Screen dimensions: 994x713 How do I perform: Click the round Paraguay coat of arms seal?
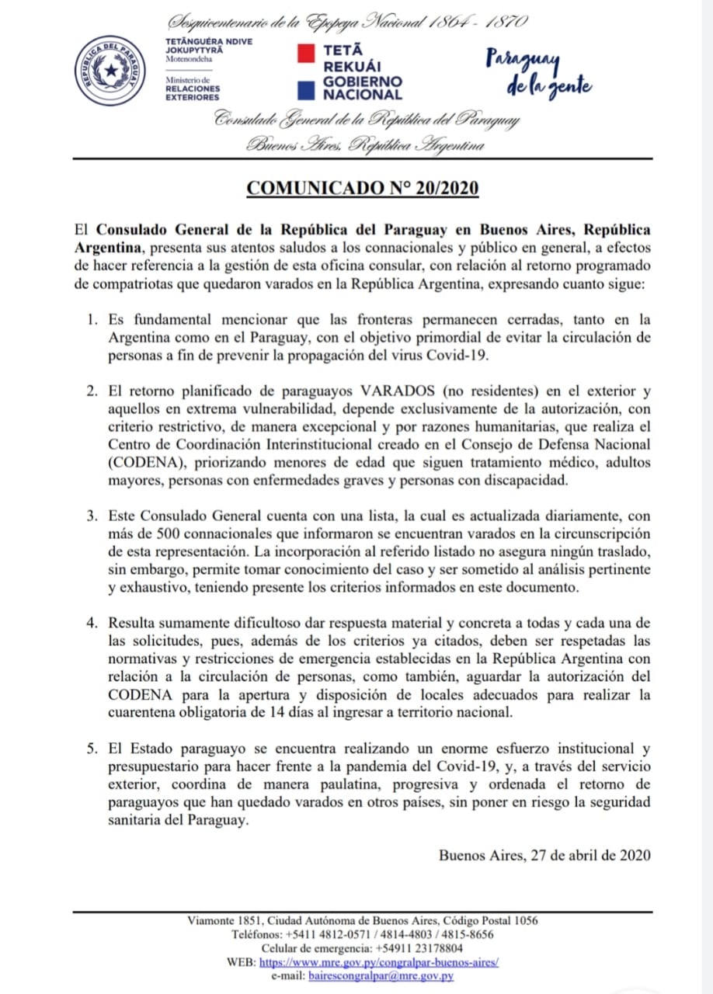click(115, 71)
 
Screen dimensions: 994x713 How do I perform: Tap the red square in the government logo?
click(307, 52)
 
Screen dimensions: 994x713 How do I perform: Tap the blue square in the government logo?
click(307, 89)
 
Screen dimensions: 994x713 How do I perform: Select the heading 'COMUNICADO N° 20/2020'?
click(362, 189)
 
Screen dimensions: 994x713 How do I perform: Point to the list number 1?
click(92, 319)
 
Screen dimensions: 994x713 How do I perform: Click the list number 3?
click(92, 516)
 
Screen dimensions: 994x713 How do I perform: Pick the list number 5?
click(92, 749)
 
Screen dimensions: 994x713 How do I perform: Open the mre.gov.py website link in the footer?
click(378, 961)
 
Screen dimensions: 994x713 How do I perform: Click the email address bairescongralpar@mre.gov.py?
click(381, 975)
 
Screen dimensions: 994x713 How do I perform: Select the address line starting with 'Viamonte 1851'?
click(363, 921)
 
